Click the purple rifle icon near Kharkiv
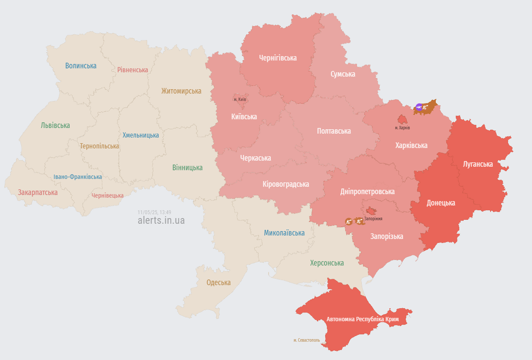coord(419,107)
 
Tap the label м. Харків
coord(402,128)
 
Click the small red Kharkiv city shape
coord(403,119)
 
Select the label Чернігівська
coord(278,58)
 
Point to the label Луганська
coord(478,164)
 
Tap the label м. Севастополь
coord(306,340)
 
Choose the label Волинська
coord(81,66)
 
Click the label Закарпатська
coord(38,192)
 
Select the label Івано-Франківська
coord(78,177)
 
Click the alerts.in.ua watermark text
coord(161,220)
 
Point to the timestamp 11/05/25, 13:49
coord(155,212)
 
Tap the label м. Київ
coord(240,100)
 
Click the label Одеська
coord(219,283)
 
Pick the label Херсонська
coord(327,263)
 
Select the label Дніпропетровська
coord(367,192)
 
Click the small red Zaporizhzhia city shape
coord(371,211)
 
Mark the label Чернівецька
coord(108,195)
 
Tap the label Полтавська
coord(334,131)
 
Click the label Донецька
coord(441,203)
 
